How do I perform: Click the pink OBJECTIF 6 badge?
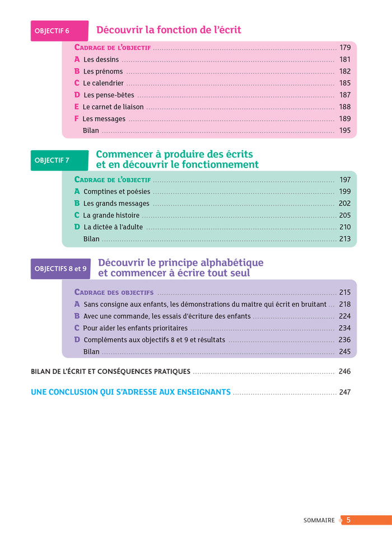point(59,31)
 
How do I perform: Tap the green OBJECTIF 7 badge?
point(59,160)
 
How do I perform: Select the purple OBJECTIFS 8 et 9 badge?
point(60,268)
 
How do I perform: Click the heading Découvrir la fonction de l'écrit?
point(169,30)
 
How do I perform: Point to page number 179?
point(344,48)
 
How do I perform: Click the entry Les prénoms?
point(103,71)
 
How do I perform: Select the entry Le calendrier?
point(103,83)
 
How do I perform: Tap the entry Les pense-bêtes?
point(109,95)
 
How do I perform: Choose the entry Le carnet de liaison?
point(113,107)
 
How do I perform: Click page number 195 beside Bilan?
point(344,131)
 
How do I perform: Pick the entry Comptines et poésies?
point(116,192)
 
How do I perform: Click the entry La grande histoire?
point(111,215)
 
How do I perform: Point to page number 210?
point(344,227)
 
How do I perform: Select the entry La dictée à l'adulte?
point(113,227)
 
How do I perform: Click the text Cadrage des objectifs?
point(114,293)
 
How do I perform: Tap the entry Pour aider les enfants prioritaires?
point(135,328)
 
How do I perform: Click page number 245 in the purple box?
point(344,351)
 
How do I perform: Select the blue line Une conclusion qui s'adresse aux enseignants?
point(130,392)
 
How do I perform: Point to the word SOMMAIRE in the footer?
point(319,520)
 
